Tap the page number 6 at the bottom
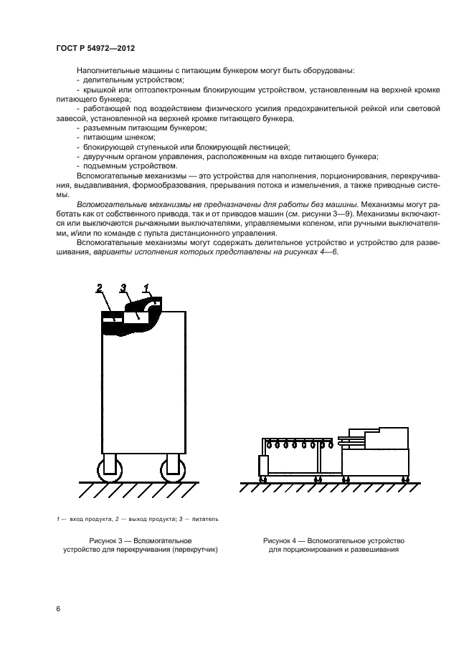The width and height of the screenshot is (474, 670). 58,609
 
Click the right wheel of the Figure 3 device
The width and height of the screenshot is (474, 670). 172,470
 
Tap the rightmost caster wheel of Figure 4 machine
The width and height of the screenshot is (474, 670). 406,478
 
